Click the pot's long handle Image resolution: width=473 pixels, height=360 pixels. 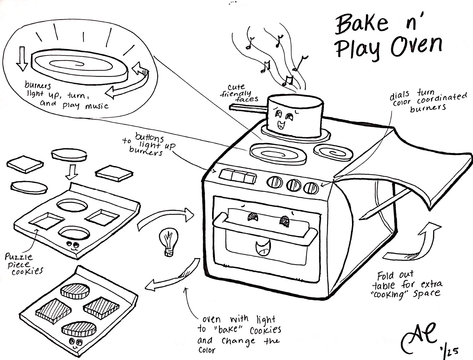click(248, 107)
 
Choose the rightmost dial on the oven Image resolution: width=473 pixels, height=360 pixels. click(311, 188)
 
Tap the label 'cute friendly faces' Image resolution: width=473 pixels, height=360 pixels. click(239, 93)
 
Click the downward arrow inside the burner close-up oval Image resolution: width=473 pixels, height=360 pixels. click(22, 58)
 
